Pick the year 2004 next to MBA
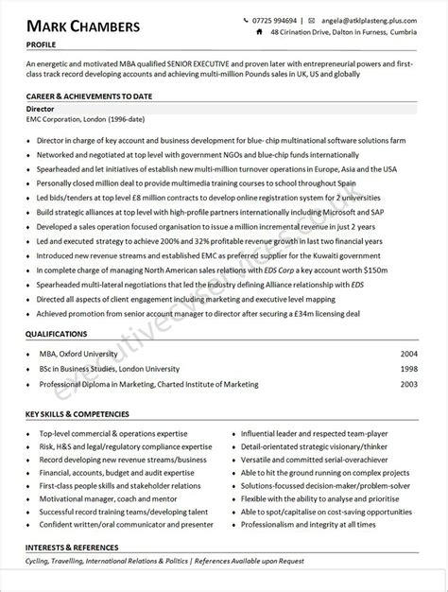coord(408,352)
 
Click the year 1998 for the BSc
coord(408,369)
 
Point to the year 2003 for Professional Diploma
coord(408,385)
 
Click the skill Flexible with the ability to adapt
coord(302,496)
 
